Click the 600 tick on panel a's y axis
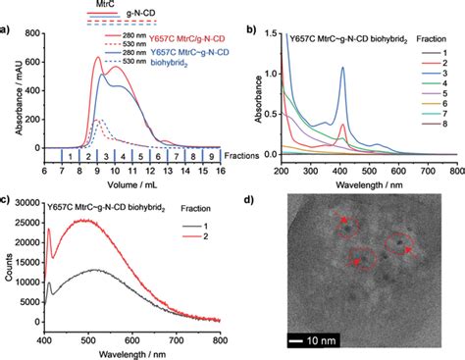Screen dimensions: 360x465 point(37,34)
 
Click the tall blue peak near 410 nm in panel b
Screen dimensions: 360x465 point(342,69)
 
